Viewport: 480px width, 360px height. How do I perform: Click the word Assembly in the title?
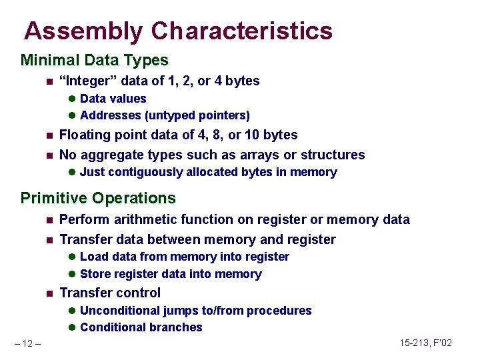coord(83,31)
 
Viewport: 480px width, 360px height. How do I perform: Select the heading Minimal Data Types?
coord(95,61)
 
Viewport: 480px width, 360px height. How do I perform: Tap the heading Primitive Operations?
coord(98,198)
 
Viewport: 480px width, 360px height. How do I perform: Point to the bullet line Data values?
coord(113,99)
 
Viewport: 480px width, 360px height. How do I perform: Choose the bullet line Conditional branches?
coord(141,327)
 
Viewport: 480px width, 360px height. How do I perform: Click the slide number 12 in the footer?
coord(28,343)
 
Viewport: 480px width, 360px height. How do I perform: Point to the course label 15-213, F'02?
coord(426,343)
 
